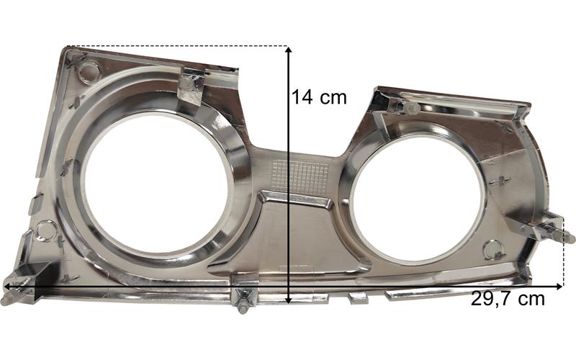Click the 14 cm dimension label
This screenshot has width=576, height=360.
pyautogui.click(x=319, y=97)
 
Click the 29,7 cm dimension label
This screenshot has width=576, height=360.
pyautogui.click(x=508, y=299)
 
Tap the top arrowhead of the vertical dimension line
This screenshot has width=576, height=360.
pyautogui.click(x=289, y=50)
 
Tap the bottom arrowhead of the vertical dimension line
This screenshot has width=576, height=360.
pyautogui.click(x=289, y=300)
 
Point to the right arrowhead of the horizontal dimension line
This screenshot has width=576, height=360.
pyautogui.click(x=559, y=286)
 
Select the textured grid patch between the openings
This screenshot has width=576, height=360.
pyautogui.click(x=300, y=179)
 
